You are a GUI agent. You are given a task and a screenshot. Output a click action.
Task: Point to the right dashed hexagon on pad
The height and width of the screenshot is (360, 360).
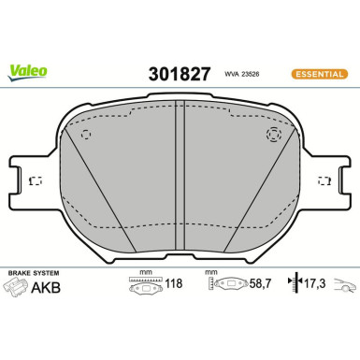(274, 135)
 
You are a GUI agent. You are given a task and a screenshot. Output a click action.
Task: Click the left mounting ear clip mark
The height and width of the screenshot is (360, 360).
(36, 180)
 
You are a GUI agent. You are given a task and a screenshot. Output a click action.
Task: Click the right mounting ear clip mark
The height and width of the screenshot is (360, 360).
(325, 180)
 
